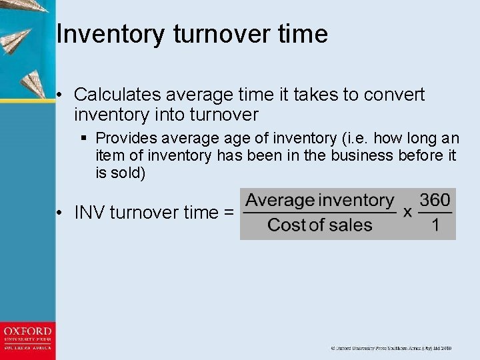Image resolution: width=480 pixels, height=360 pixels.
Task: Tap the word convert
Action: [394, 95]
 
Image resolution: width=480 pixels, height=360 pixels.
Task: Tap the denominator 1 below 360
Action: [435, 225]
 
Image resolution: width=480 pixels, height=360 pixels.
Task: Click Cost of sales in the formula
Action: [319, 225]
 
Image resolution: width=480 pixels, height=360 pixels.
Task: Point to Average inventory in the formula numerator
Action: [319, 200]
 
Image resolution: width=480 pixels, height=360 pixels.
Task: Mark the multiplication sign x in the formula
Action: [407, 213]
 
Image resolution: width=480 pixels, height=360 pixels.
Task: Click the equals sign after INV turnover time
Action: [229, 213]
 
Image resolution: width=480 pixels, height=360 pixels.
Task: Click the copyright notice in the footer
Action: [391, 348]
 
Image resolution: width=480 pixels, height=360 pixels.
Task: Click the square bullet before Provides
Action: [85, 139]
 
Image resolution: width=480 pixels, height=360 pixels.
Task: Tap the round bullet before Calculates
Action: [60, 95]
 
